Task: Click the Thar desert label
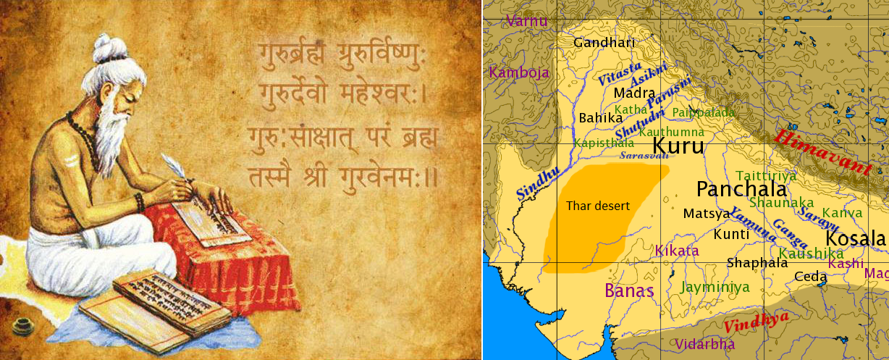[598, 206]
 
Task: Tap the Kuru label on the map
[678, 146]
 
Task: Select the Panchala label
[741, 190]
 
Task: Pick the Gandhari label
[604, 43]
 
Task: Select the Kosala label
[856, 239]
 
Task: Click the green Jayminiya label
[715, 287]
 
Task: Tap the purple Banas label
[629, 291]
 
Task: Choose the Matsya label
[707, 214]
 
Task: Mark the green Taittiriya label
[766, 175]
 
